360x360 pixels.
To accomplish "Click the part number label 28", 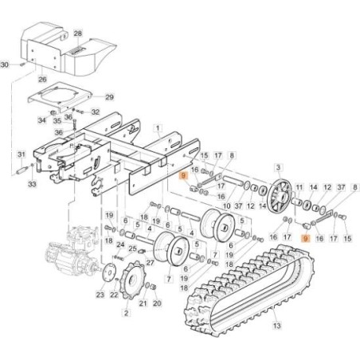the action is point(78,33).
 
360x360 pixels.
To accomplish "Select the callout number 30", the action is point(5,65).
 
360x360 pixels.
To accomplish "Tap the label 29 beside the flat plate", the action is point(109,97).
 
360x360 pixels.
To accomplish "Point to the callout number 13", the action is point(276,325).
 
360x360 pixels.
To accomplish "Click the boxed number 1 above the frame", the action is point(158,128).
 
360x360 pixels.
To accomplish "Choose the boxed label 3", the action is point(278,167).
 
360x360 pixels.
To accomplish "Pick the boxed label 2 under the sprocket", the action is point(127,313).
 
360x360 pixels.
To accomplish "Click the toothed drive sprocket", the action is point(131,280).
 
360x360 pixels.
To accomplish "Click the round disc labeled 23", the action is point(109,272).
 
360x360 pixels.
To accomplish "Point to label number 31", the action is point(22,155).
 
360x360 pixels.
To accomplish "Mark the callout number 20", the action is point(157,303).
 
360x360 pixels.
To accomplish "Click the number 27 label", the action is point(151,263).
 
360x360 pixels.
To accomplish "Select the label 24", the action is point(120,245).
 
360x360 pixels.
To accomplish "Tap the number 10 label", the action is point(226,205).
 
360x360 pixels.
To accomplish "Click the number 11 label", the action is point(299,187).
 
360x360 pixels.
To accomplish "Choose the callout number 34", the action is point(42,120).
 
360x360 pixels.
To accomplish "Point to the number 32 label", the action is point(96,112).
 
